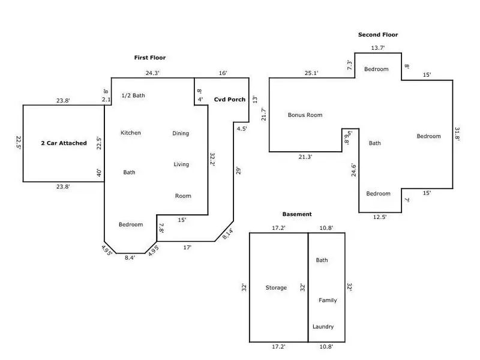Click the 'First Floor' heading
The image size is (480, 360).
[x=149, y=58]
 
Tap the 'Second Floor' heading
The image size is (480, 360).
[x=378, y=35]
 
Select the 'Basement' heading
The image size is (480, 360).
[x=297, y=214]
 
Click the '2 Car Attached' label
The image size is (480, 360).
[x=64, y=143]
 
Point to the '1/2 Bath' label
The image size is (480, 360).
[x=133, y=95]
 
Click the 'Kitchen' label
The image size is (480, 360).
[x=131, y=133]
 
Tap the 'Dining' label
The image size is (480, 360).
[x=181, y=133]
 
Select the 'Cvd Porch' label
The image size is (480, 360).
[x=230, y=100]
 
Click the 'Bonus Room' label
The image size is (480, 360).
[x=305, y=115]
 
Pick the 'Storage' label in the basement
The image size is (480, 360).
[x=276, y=288]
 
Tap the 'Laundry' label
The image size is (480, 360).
[x=323, y=326]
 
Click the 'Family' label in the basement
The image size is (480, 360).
[x=328, y=300]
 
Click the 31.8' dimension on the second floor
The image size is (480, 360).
[x=458, y=133]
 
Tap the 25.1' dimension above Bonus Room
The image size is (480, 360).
[x=310, y=74]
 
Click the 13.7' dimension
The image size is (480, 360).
[x=377, y=47]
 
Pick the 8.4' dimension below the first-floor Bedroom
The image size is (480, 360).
[x=130, y=257]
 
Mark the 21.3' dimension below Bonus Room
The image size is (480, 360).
[x=305, y=157]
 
